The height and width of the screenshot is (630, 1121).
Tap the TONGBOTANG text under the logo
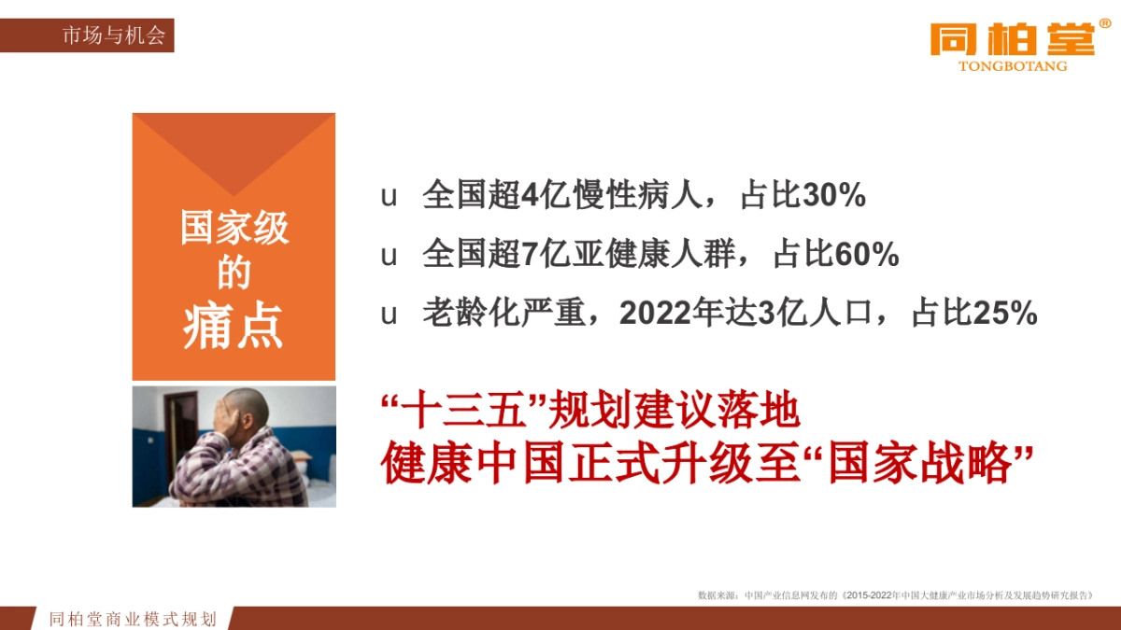point(1013,66)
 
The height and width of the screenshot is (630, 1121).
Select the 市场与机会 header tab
point(113,36)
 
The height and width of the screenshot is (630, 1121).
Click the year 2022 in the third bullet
point(652,314)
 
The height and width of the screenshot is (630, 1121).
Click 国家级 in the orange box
point(234,228)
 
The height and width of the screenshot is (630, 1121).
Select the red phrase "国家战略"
point(920,464)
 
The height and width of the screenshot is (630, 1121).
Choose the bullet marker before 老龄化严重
point(389,314)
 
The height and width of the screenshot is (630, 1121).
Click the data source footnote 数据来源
point(717,595)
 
